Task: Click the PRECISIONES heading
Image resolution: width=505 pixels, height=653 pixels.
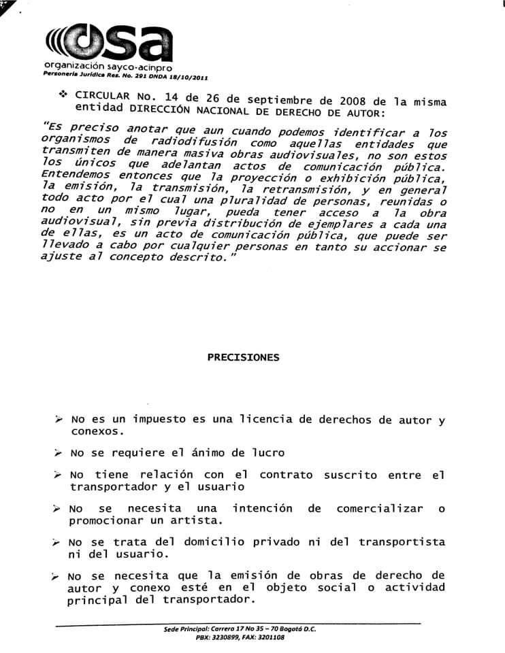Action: pos(243,357)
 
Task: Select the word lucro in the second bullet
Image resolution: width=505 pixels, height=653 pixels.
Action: pos(264,452)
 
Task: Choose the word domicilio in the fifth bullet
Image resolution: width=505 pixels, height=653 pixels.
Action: pos(198,541)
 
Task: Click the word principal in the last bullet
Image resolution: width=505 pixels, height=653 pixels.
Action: pos(97,600)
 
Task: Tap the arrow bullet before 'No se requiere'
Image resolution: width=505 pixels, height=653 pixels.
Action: pos(58,453)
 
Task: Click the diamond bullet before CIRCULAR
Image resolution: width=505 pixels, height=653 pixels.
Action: pos(64,93)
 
